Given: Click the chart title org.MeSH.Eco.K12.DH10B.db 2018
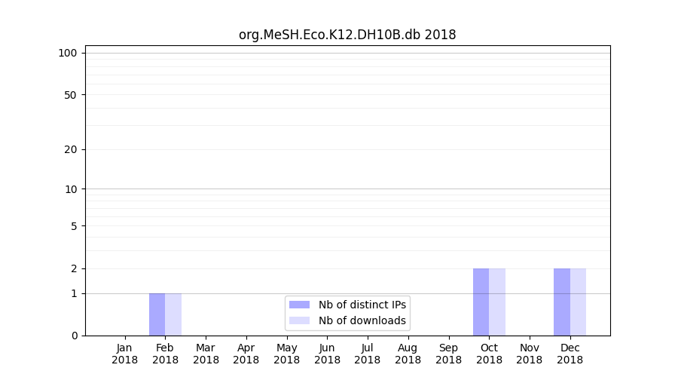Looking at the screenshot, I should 347,35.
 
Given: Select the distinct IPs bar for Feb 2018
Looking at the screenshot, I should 157,314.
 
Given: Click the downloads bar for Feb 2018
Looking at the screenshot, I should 173,314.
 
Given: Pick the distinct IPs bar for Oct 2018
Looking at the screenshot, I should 481,302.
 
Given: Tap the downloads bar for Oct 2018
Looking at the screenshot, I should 497,302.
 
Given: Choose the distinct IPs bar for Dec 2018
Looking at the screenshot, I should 562,302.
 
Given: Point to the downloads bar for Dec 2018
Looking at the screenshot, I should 578,302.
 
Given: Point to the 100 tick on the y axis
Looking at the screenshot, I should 68,53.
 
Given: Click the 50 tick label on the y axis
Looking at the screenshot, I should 71,95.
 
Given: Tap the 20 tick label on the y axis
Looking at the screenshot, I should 71,149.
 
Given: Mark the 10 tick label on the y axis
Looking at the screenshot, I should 71,189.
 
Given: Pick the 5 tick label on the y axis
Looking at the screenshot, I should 74,226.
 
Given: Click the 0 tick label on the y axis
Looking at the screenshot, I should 74,336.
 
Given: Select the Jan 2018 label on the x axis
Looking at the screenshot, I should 125,354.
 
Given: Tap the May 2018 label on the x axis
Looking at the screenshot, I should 287,354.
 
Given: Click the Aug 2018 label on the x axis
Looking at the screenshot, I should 408,354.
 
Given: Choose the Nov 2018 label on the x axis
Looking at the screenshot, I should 530,354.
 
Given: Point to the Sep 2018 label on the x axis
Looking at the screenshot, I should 448,354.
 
